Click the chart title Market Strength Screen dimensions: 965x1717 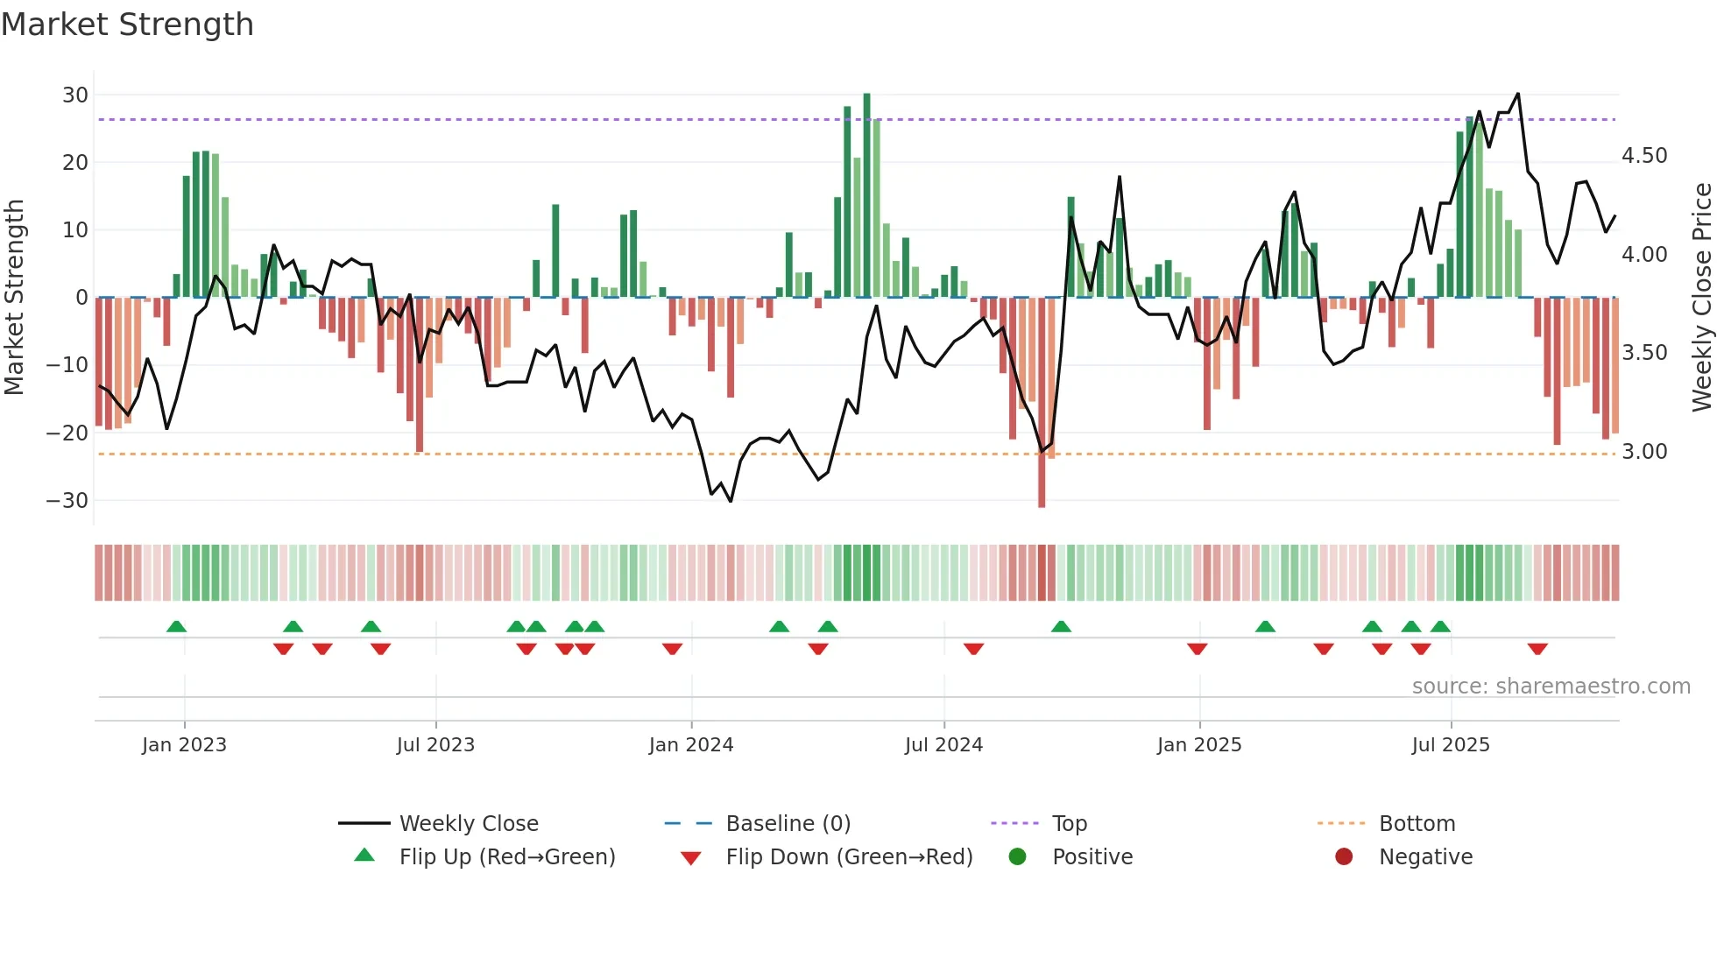(128, 25)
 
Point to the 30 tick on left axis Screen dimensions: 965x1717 (75, 95)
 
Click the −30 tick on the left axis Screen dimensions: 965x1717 (67, 501)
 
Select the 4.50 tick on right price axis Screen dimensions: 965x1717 (1644, 156)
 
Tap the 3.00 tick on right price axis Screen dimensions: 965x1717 (1644, 452)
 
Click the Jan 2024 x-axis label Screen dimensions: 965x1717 (691, 745)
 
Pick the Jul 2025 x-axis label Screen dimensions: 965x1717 (1451, 745)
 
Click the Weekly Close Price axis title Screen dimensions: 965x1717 (1701, 298)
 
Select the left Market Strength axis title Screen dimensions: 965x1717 (14, 298)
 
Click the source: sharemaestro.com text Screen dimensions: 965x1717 (1551, 687)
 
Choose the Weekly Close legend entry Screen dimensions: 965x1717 (469, 824)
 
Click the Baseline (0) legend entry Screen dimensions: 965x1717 (788, 824)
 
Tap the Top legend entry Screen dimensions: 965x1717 (1070, 824)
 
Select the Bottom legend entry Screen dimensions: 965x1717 (1417, 824)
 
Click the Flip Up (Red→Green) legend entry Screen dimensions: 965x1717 (507, 857)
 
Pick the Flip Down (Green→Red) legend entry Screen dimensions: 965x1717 (849, 857)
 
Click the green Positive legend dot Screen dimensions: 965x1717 (1017, 857)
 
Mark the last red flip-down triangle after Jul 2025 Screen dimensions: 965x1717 (1537, 649)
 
